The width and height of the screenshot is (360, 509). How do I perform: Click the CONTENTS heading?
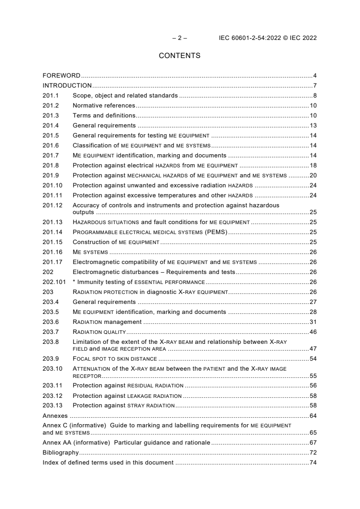pyautogui.click(x=180, y=56)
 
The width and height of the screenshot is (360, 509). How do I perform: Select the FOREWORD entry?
pyautogui.click(x=61, y=75)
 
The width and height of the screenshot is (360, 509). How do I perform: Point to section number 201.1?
pyautogui.click(x=50, y=95)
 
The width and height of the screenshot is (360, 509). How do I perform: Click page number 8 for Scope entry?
pyautogui.click(x=315, y=95)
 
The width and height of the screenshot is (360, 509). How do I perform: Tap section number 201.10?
pyautogui.click(x=52, y=185)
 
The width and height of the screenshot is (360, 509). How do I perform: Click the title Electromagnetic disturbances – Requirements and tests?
pyautogui.click(x=154, y=272)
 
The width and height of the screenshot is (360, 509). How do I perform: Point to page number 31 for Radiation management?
pyautogui.click(x=313, y=322)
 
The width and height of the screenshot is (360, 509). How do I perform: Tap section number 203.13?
pyautogui.click(x=52, y=406)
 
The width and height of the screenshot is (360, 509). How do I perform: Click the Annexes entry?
pyautogui.click(x=55, y=416)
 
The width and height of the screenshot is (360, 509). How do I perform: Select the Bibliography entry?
pyautogui.click(x=60, y=453)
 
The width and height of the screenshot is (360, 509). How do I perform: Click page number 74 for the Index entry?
pyautogui.click(x=313, y=463)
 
